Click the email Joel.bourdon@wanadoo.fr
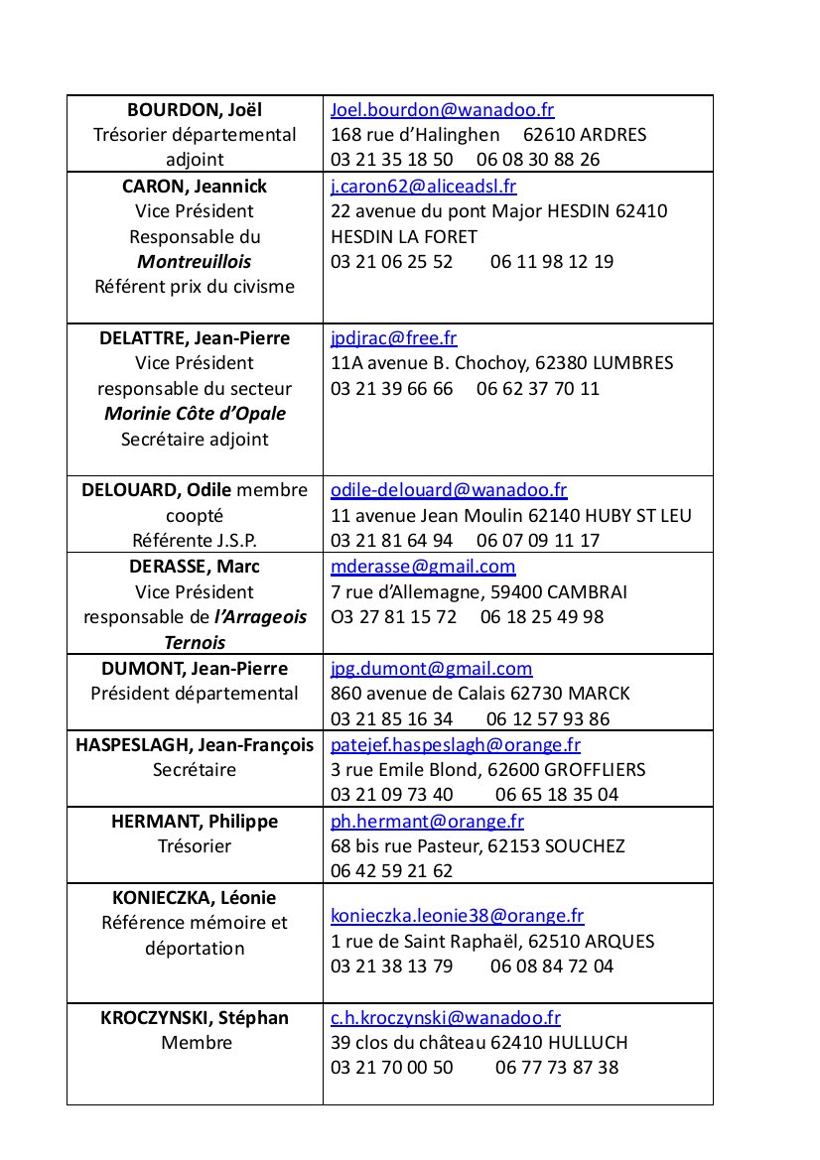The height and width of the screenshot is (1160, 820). pos(442,110)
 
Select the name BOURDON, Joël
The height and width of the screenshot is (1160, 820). pos(195,110)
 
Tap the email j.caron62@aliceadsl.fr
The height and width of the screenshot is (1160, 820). pos(423,187)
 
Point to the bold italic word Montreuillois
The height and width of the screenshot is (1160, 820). pos(195,262)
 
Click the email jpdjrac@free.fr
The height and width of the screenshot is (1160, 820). pos(393,338)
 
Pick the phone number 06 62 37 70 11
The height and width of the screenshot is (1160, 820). pos(538,389)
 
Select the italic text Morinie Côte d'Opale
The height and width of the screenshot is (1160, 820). pos(195,414)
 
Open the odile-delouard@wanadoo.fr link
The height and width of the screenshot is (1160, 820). pos(448,490)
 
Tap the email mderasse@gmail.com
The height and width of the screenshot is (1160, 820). pos(423,567)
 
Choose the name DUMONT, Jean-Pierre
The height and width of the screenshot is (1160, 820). pos(195,669)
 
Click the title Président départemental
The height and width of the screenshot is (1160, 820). pos(195,694)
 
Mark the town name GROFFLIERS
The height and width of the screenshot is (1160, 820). pos(593,770)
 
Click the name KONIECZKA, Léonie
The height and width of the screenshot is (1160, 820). pos(195,898)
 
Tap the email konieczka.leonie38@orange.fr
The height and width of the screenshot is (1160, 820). pos(457,916)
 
